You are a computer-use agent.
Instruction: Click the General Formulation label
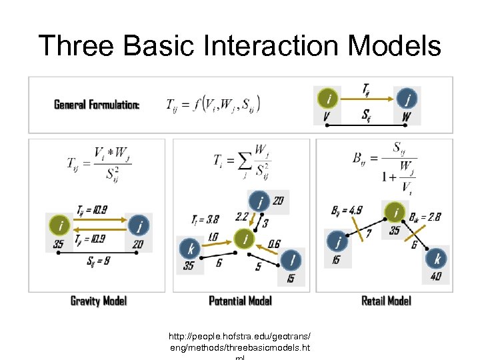[97, 105]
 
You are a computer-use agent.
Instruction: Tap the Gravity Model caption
[99, 301]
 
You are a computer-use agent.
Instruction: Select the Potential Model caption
[240, 301]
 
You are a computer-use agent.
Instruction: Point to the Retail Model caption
[386, 301]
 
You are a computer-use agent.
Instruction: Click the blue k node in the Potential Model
[191, 249]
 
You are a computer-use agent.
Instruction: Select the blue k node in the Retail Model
[437, 259]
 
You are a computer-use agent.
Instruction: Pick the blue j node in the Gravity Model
[139, 225]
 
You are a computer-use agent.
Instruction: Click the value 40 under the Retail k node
[436, 276]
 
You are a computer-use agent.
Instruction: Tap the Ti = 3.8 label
[205, 219]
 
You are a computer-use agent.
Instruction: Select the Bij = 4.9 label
[347, 211]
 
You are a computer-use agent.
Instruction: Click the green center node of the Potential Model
[246, 238]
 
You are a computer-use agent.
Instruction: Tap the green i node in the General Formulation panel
[327, 99]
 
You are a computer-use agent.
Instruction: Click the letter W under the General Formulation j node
[407, 117]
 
